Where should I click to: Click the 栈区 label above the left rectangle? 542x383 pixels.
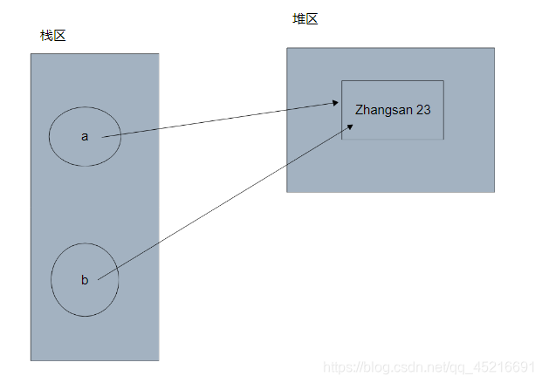(x=52, y=36)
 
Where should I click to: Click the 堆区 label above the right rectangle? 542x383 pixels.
(x=305, y=19)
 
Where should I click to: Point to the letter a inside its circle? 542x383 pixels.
(x=85, y=136)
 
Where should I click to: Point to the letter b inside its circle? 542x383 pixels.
(x=85, y=280)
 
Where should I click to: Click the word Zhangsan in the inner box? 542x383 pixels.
(x=384, y=110)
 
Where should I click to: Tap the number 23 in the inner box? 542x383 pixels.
(x=423, y=110)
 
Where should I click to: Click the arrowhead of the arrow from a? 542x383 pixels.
(x=336, y=103)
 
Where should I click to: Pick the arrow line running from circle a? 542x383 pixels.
(x=218, y=120)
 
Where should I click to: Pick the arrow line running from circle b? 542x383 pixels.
(x=218, y=204)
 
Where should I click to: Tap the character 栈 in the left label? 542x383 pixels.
(x=46, y=36)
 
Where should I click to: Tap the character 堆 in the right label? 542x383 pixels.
(x=298, y=19)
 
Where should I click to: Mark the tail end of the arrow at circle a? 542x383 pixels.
(x=103, y=136)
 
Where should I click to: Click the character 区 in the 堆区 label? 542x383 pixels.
(x=312, y=19)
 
